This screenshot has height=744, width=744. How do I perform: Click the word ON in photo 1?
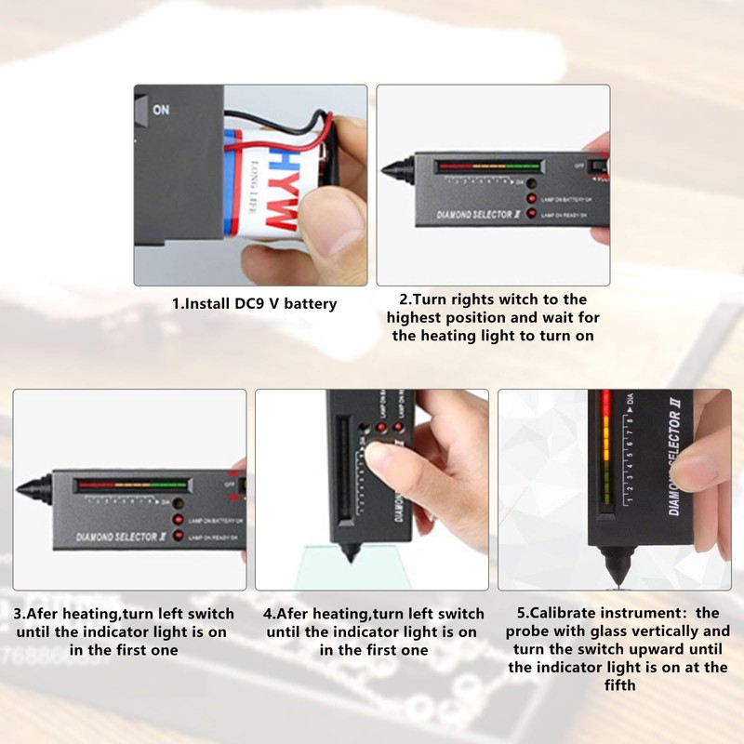(x=161, y=110)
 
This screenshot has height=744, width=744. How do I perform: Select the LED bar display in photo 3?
(x=130, y=485)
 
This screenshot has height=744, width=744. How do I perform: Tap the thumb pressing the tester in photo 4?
(x=379, y=456)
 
